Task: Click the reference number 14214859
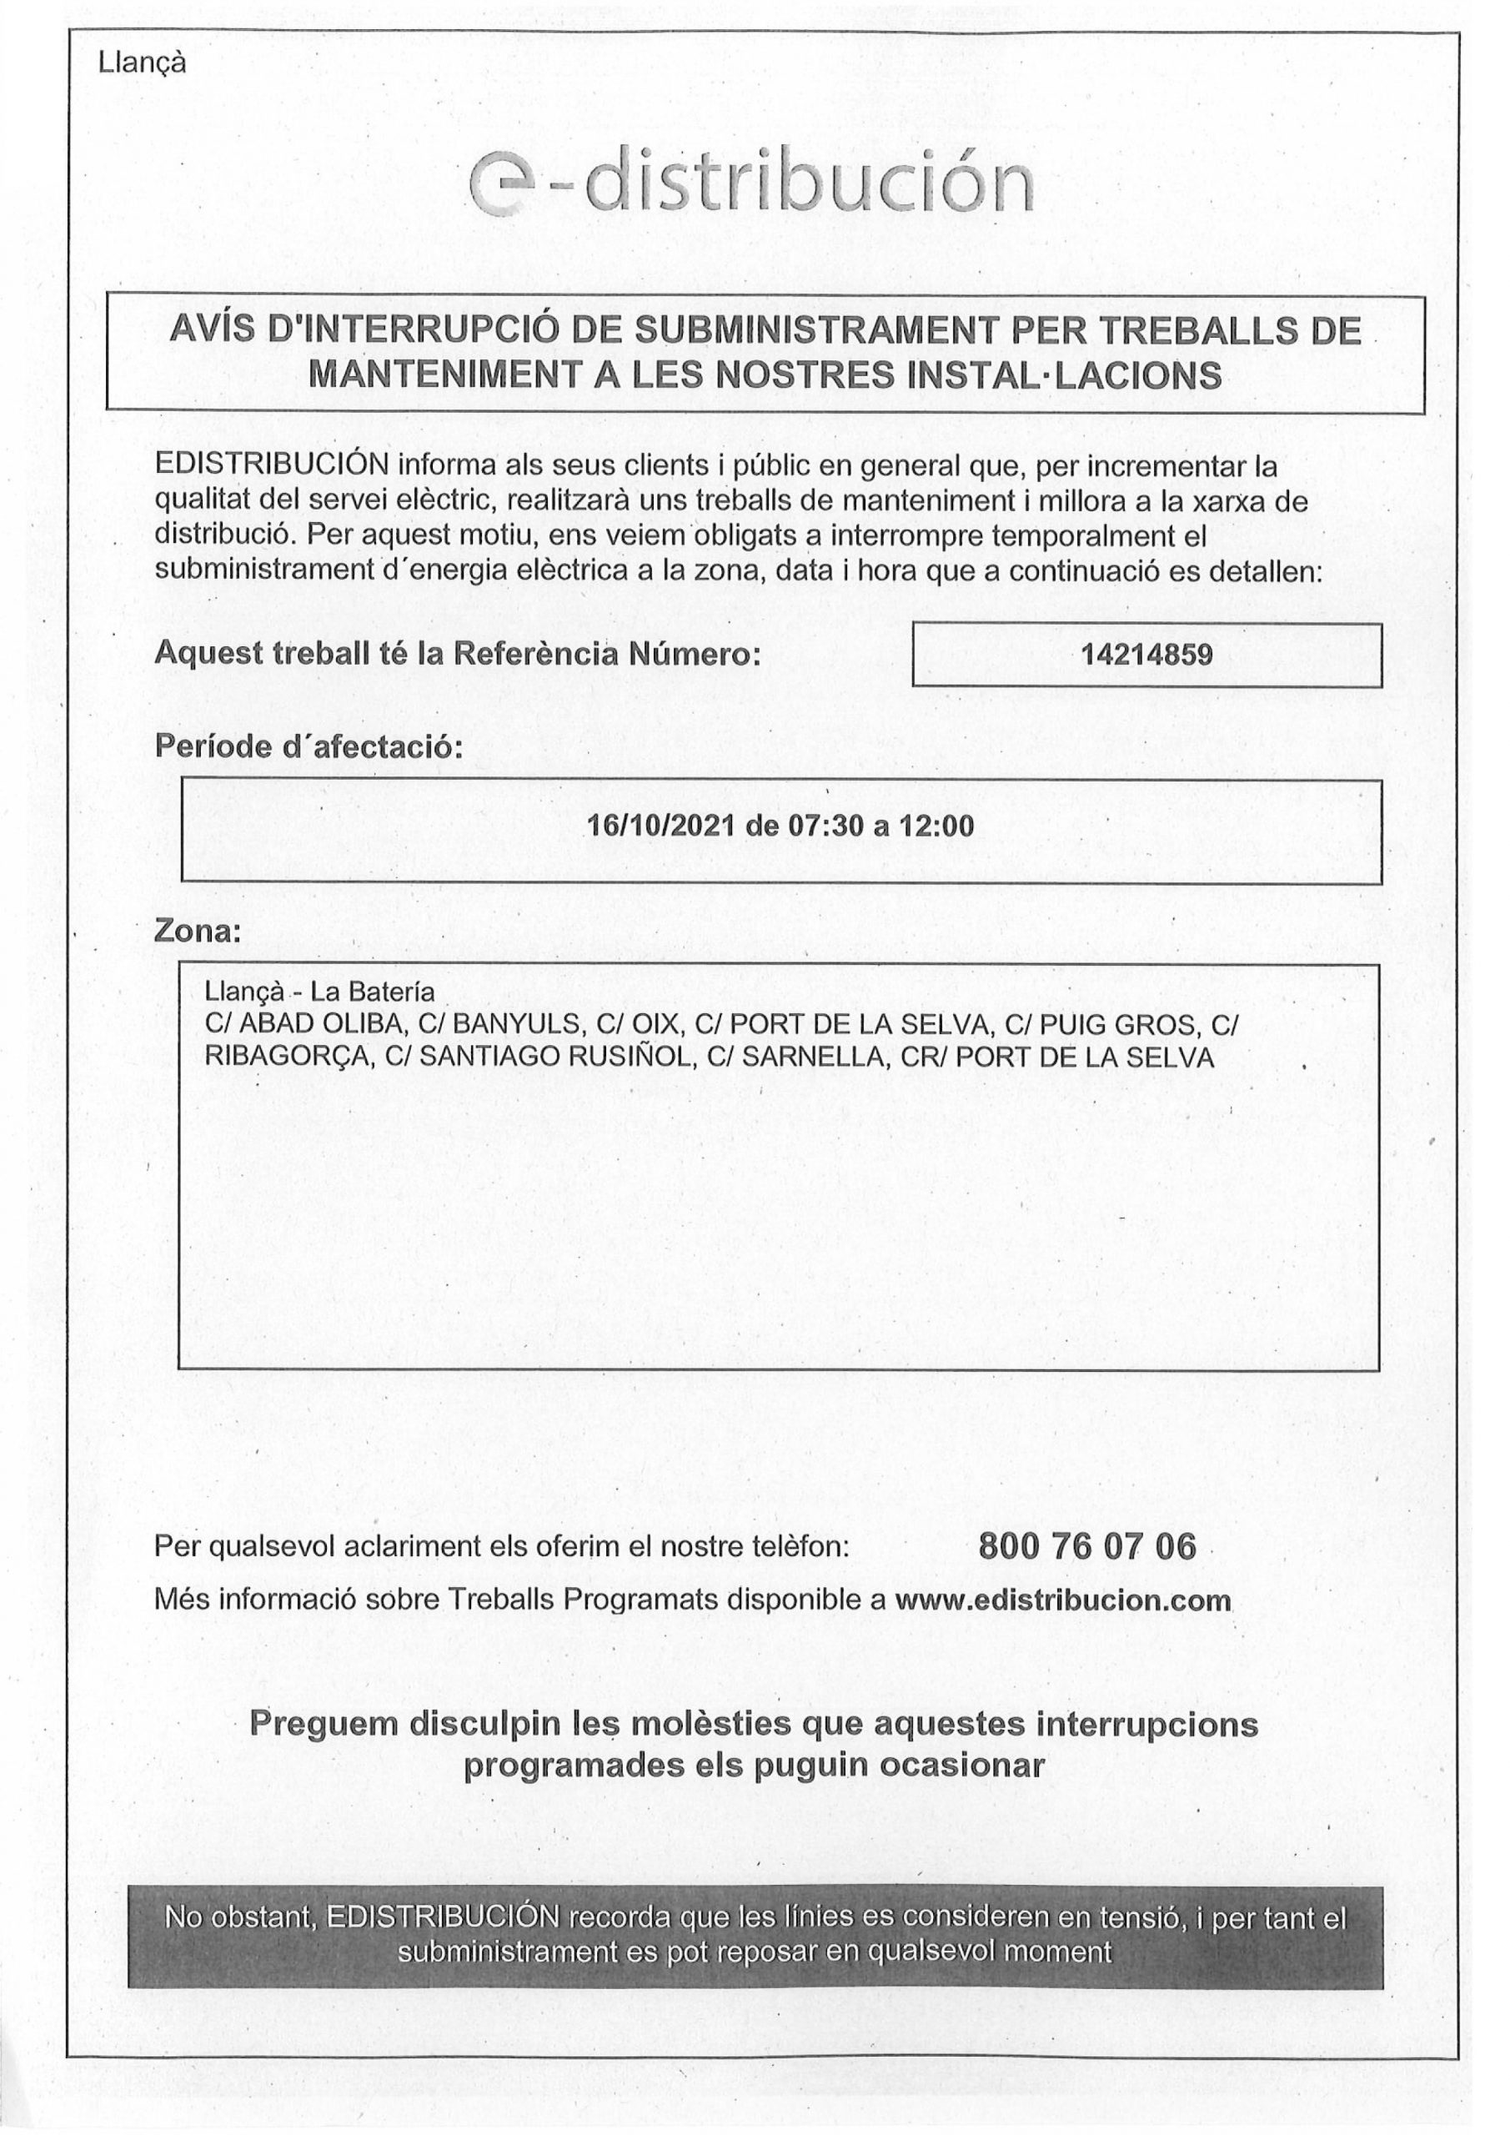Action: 1146,655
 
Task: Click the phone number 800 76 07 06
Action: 1087,1546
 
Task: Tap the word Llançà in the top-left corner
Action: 142,63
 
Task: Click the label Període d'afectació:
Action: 308,746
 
